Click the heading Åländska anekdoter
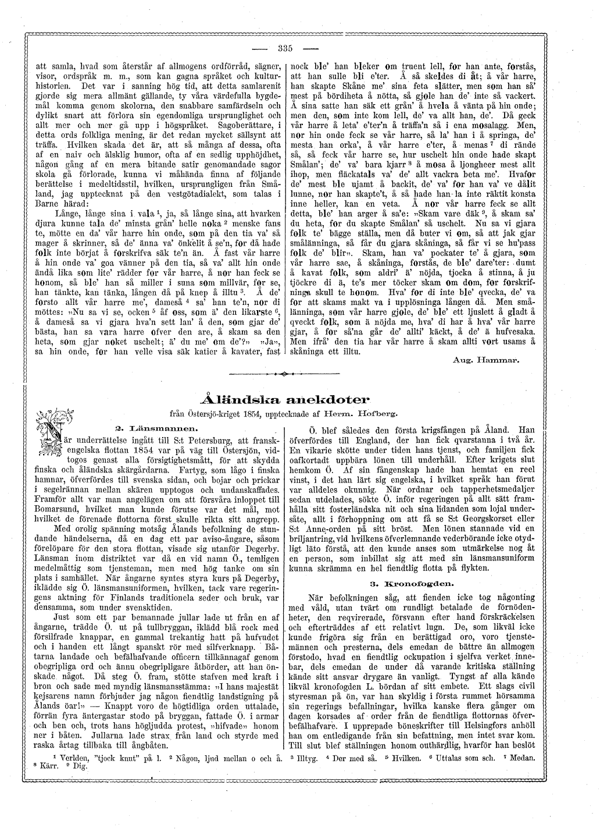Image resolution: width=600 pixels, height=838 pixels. [x=284, y=399]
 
